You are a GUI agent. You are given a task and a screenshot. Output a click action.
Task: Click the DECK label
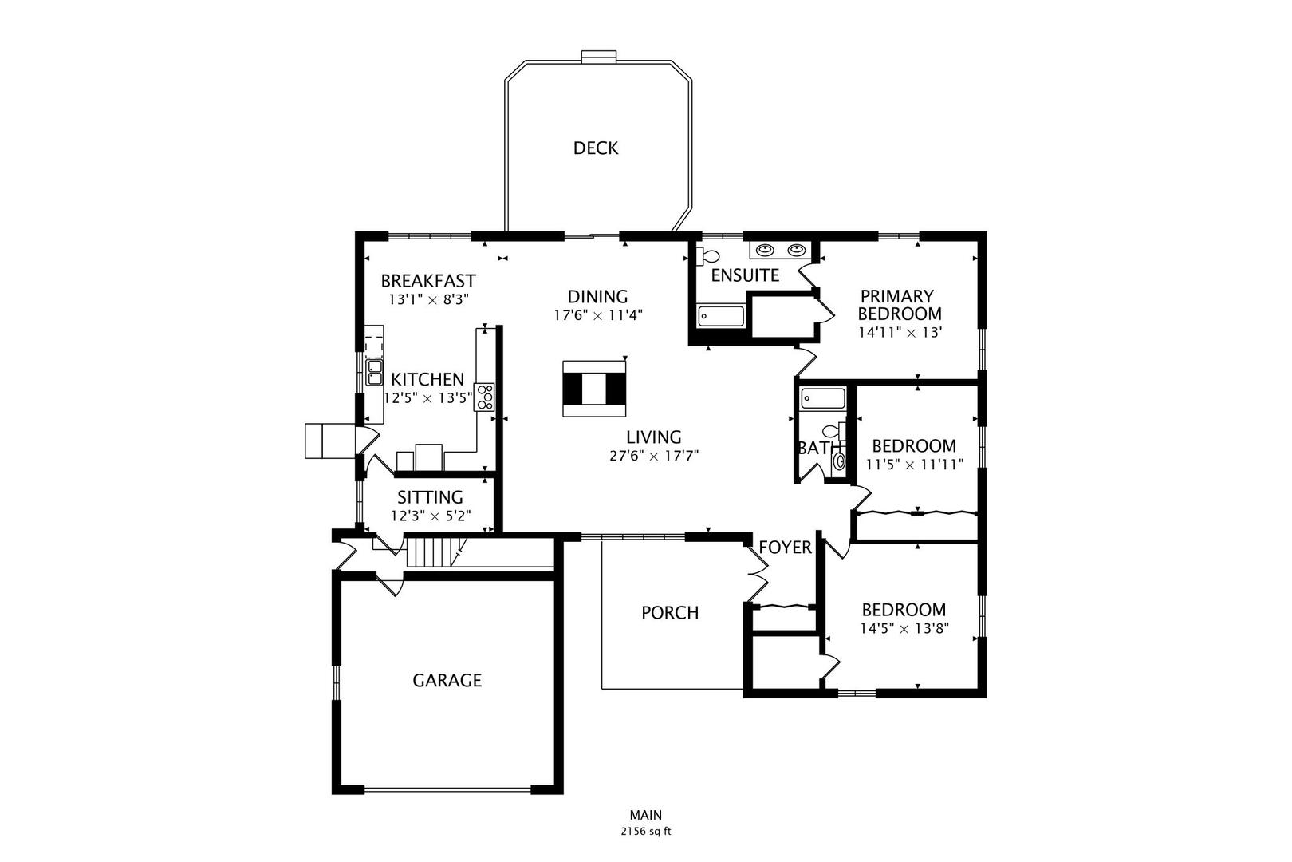(595, 148)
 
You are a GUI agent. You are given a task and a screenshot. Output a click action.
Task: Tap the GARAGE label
(447, 680)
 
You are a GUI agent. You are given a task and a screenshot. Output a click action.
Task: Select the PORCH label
(670, 613)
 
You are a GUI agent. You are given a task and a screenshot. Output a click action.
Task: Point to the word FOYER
(785, 548)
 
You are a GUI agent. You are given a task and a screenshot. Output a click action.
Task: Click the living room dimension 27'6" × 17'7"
(654, 456)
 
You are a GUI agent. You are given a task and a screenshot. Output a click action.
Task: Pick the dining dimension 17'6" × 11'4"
(598, 315)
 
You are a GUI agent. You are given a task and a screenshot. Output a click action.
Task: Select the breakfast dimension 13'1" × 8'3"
(428, 299)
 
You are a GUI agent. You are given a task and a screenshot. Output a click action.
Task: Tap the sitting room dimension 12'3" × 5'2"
(431, 516)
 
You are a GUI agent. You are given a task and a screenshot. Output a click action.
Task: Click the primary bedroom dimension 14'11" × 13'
(900, 333)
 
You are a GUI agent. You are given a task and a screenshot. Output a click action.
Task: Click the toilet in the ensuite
(707, 256)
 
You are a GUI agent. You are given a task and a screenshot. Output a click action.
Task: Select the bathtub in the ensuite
(720, 316)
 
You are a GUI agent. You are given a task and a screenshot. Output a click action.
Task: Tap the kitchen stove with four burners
(485, 397)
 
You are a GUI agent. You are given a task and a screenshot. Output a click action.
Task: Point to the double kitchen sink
(375, 373)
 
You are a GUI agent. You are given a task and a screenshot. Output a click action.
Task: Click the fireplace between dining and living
(594, 389)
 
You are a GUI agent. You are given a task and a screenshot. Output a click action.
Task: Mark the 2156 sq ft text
(645, 832)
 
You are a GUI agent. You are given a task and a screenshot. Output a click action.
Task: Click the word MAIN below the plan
(645, 815)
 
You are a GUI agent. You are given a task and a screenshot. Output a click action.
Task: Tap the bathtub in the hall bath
(823, 398)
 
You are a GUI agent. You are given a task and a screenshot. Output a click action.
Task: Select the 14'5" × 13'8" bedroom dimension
(904, 629)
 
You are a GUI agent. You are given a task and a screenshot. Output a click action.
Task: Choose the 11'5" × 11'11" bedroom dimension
(914, 465)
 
